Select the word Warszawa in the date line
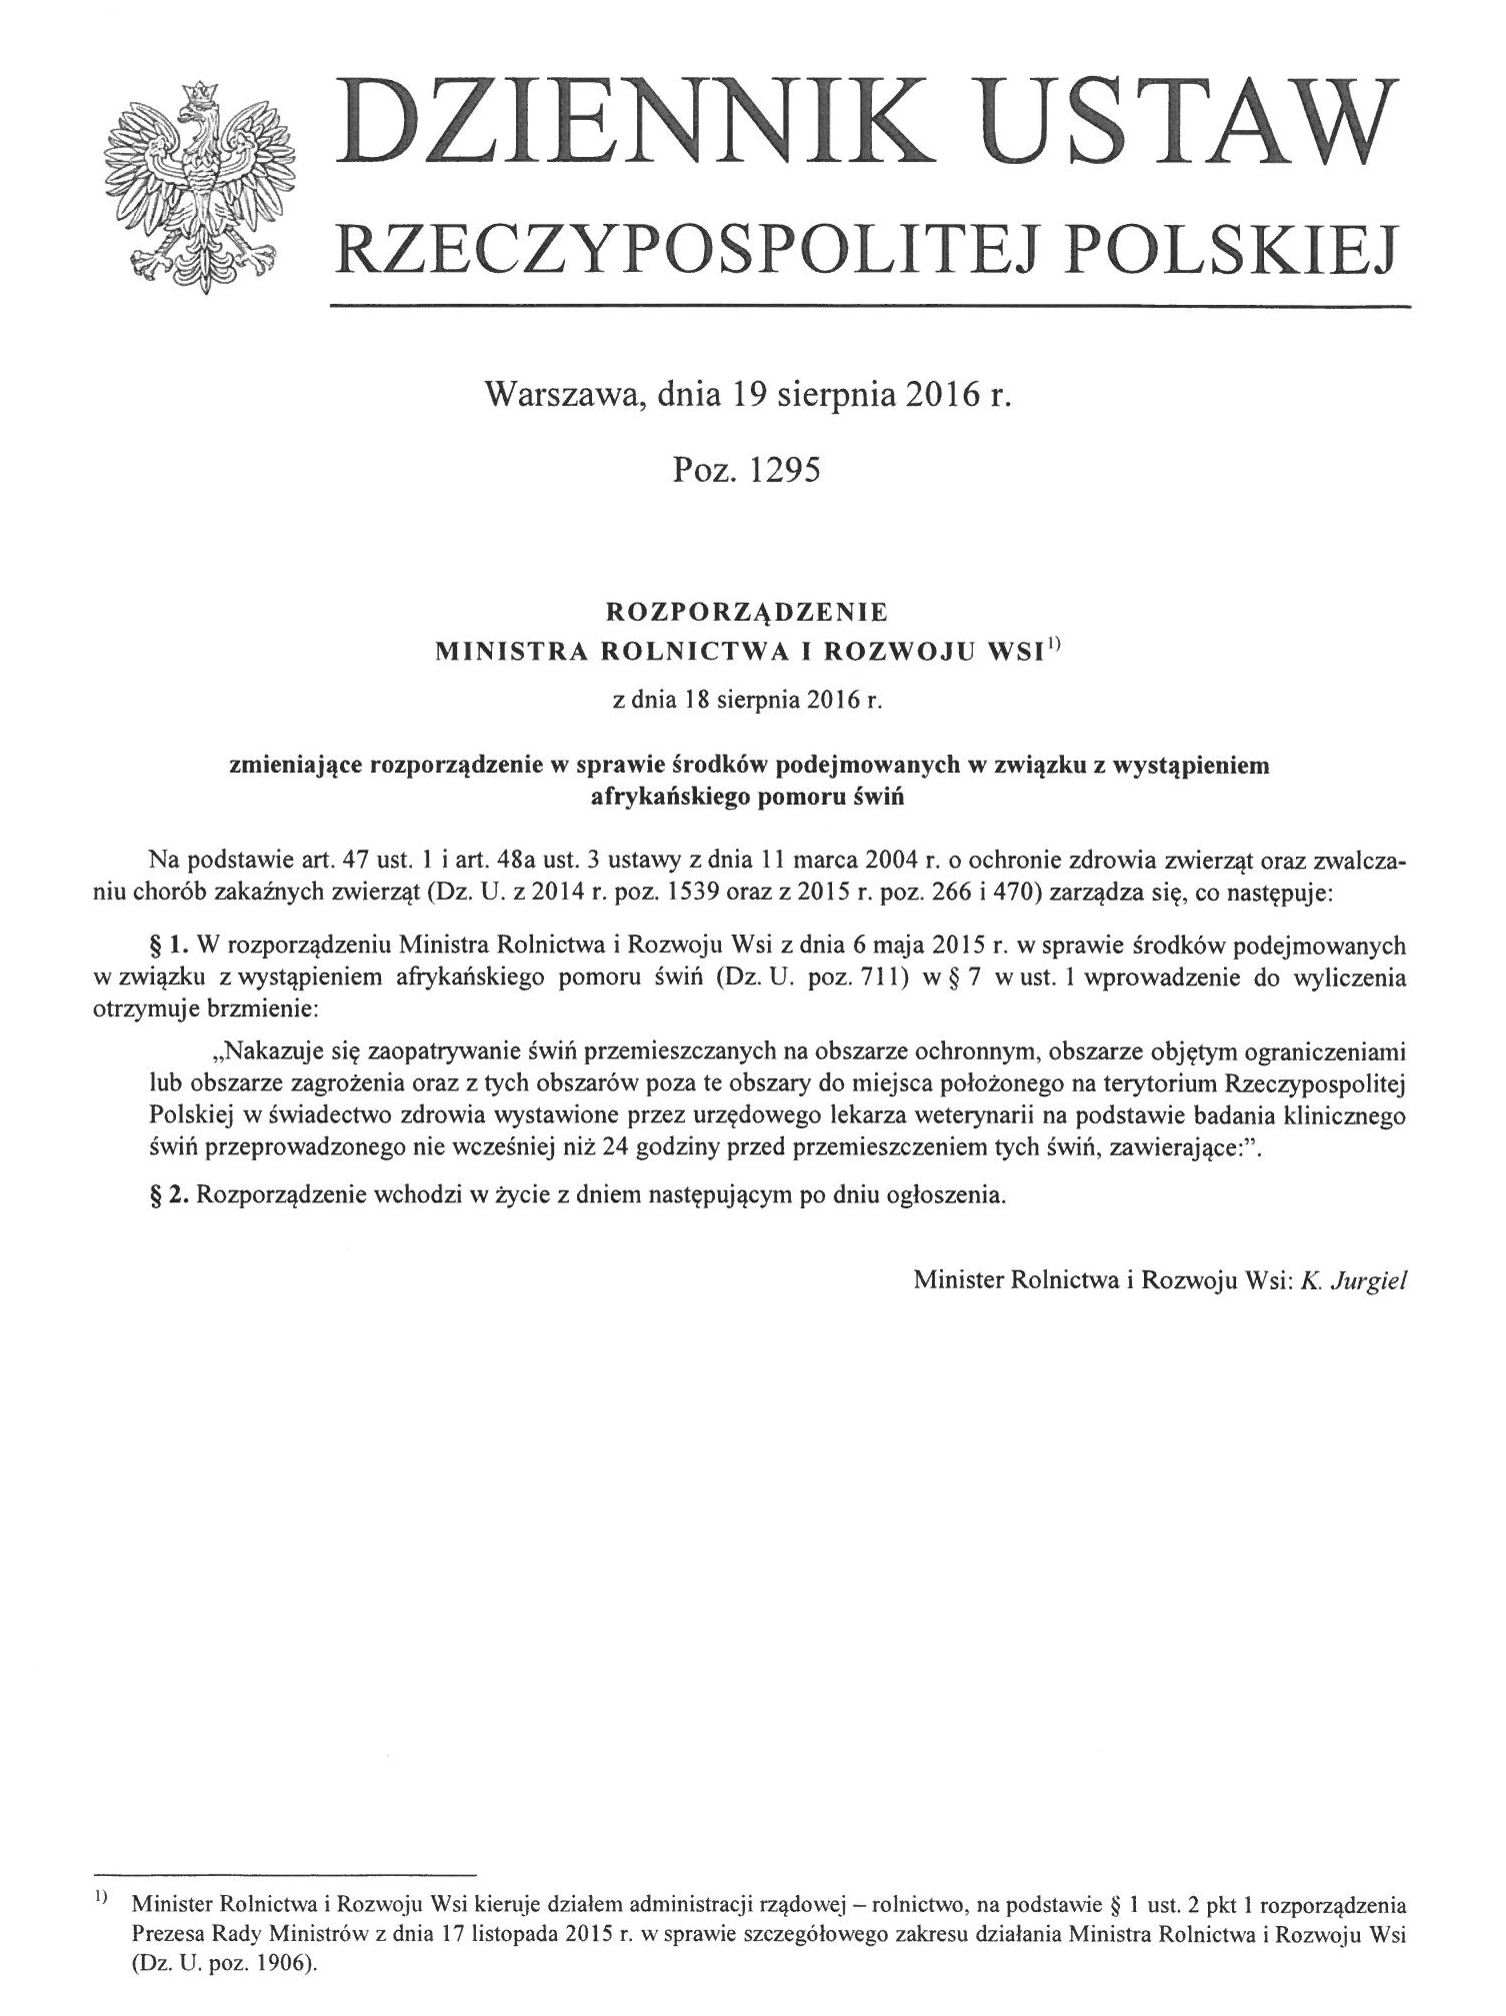552,397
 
